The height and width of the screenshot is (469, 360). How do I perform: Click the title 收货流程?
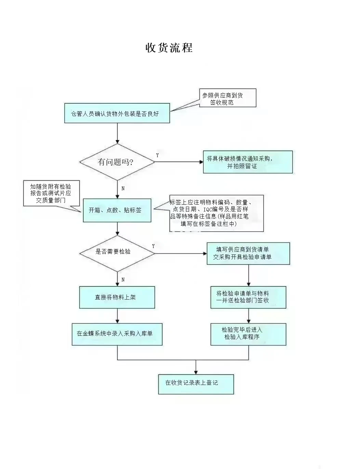pos(169,47)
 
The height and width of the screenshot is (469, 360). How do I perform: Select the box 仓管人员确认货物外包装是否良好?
pos(117,113)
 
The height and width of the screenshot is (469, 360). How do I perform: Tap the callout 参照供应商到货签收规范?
pos(227,98)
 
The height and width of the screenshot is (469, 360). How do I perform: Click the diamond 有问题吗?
pos(117,162)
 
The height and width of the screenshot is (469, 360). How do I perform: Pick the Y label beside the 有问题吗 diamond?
pos(157,155)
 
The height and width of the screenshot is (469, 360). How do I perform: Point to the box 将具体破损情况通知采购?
pos(248,162)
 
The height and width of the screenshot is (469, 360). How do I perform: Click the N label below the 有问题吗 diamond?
pos(123,188)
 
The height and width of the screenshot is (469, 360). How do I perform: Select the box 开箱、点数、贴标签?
pos(117,210)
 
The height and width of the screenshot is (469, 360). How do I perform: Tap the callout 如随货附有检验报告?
pos(51,193)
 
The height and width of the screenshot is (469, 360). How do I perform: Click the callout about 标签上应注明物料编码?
pos(216,213)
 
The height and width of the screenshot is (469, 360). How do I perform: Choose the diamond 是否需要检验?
pos(117,253)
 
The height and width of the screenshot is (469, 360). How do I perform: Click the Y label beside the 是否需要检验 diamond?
pos(153,246)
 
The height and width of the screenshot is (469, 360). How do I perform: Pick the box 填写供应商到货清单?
pos(248,253)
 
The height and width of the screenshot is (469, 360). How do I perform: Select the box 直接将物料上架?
pos(117,298)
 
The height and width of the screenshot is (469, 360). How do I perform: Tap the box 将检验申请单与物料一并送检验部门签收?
pos(248,297)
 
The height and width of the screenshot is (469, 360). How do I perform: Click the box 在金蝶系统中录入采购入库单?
pos(117,334)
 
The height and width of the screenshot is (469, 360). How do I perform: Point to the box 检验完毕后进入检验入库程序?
pos(248,334)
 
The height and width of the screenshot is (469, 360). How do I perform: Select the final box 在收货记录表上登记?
pos(196,384)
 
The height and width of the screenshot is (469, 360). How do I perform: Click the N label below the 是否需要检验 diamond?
pos(123,280)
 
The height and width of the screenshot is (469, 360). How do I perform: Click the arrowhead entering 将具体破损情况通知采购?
pos(201,162)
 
